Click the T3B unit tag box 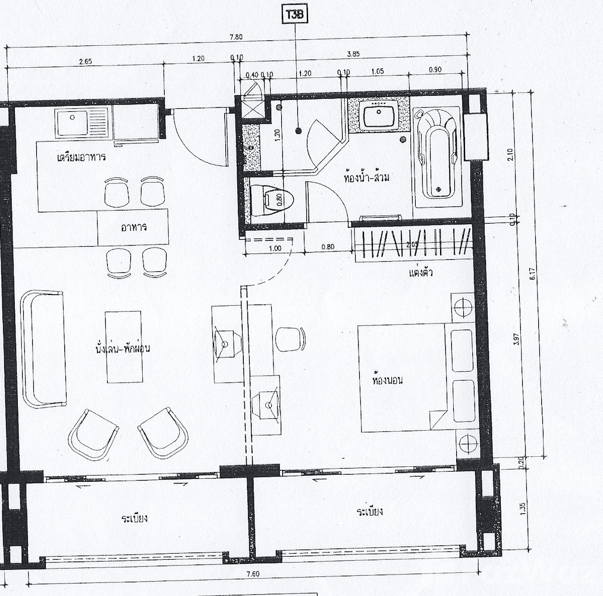[296, 15]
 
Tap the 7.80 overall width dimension [236, 36]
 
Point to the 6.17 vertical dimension [533, 273]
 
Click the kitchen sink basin [71, 124]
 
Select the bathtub [437, 155]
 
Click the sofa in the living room [43, 349]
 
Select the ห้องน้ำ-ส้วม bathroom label [367, 177]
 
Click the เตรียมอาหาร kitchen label [81, 158]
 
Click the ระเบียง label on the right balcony [369, 512]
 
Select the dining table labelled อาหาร [133, 227]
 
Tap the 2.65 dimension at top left [86, 61]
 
